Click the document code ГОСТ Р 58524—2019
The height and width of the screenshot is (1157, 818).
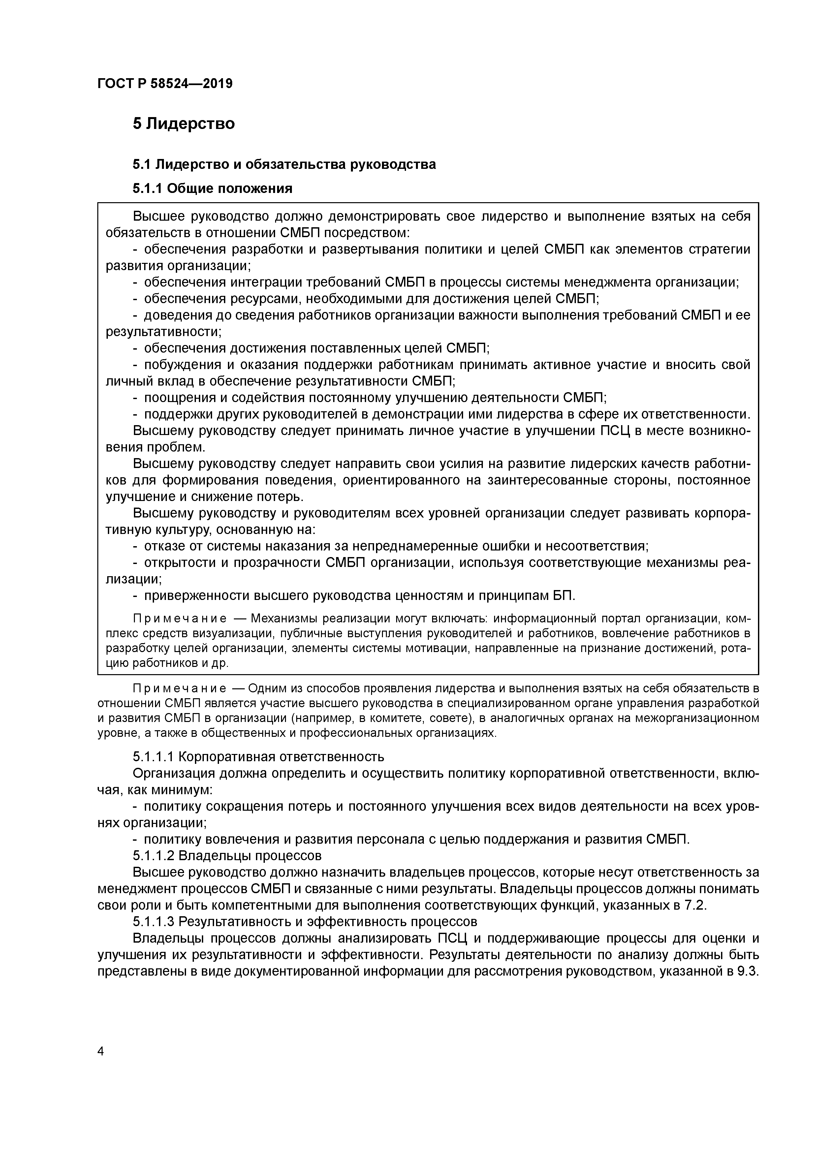pyautogui.click(x=165, y=84)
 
